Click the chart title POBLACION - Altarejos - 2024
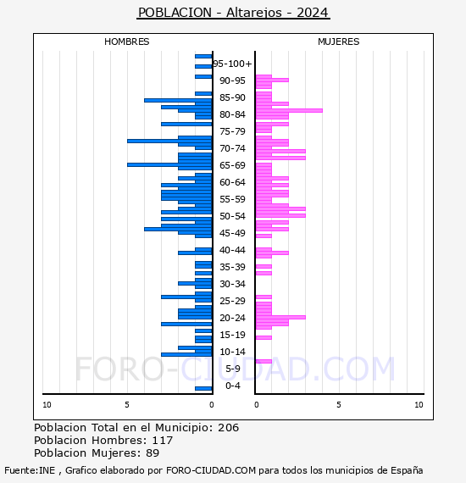(234, 13)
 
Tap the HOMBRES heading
(126, 42)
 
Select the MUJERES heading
(339, 42)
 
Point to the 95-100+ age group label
(232, 64)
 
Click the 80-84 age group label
(232, 114)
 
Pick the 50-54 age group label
(232, 216)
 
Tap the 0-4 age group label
(232, 386)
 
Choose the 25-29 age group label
(232, 301)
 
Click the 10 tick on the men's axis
(47, 405)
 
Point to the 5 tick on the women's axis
(339, 405)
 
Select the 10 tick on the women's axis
(419, 405)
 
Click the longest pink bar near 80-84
(289, 111)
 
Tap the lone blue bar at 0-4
(203, 388)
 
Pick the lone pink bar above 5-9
(264, 361)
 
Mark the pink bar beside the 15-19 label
(264, 337)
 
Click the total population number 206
(228, 428)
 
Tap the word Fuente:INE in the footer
(30, 470)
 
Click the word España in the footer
(407, 470)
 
